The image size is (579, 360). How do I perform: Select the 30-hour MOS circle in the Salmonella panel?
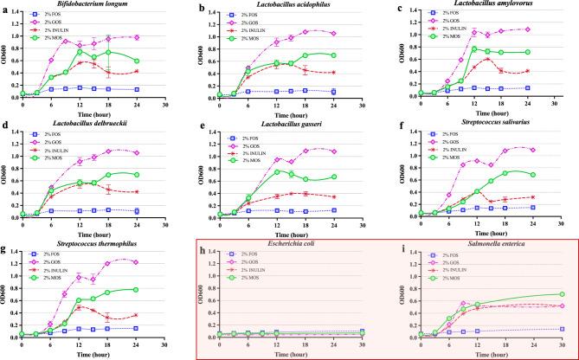563,294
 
